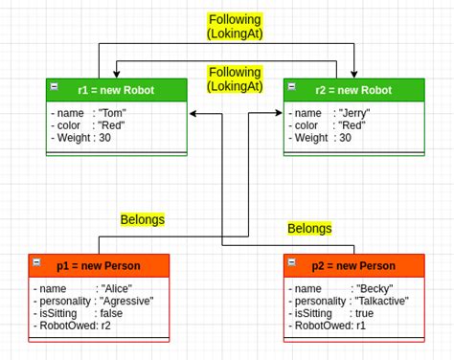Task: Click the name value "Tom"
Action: coord(112,113)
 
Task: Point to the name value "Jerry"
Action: coord(354,113)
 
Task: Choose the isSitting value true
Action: coord(364,313)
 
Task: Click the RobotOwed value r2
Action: coord(106,326)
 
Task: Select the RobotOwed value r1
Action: coord(360,326)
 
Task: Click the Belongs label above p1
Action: coord(142,219)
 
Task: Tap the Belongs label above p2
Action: coord(309,228)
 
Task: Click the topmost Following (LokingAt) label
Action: coord(235,26)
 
